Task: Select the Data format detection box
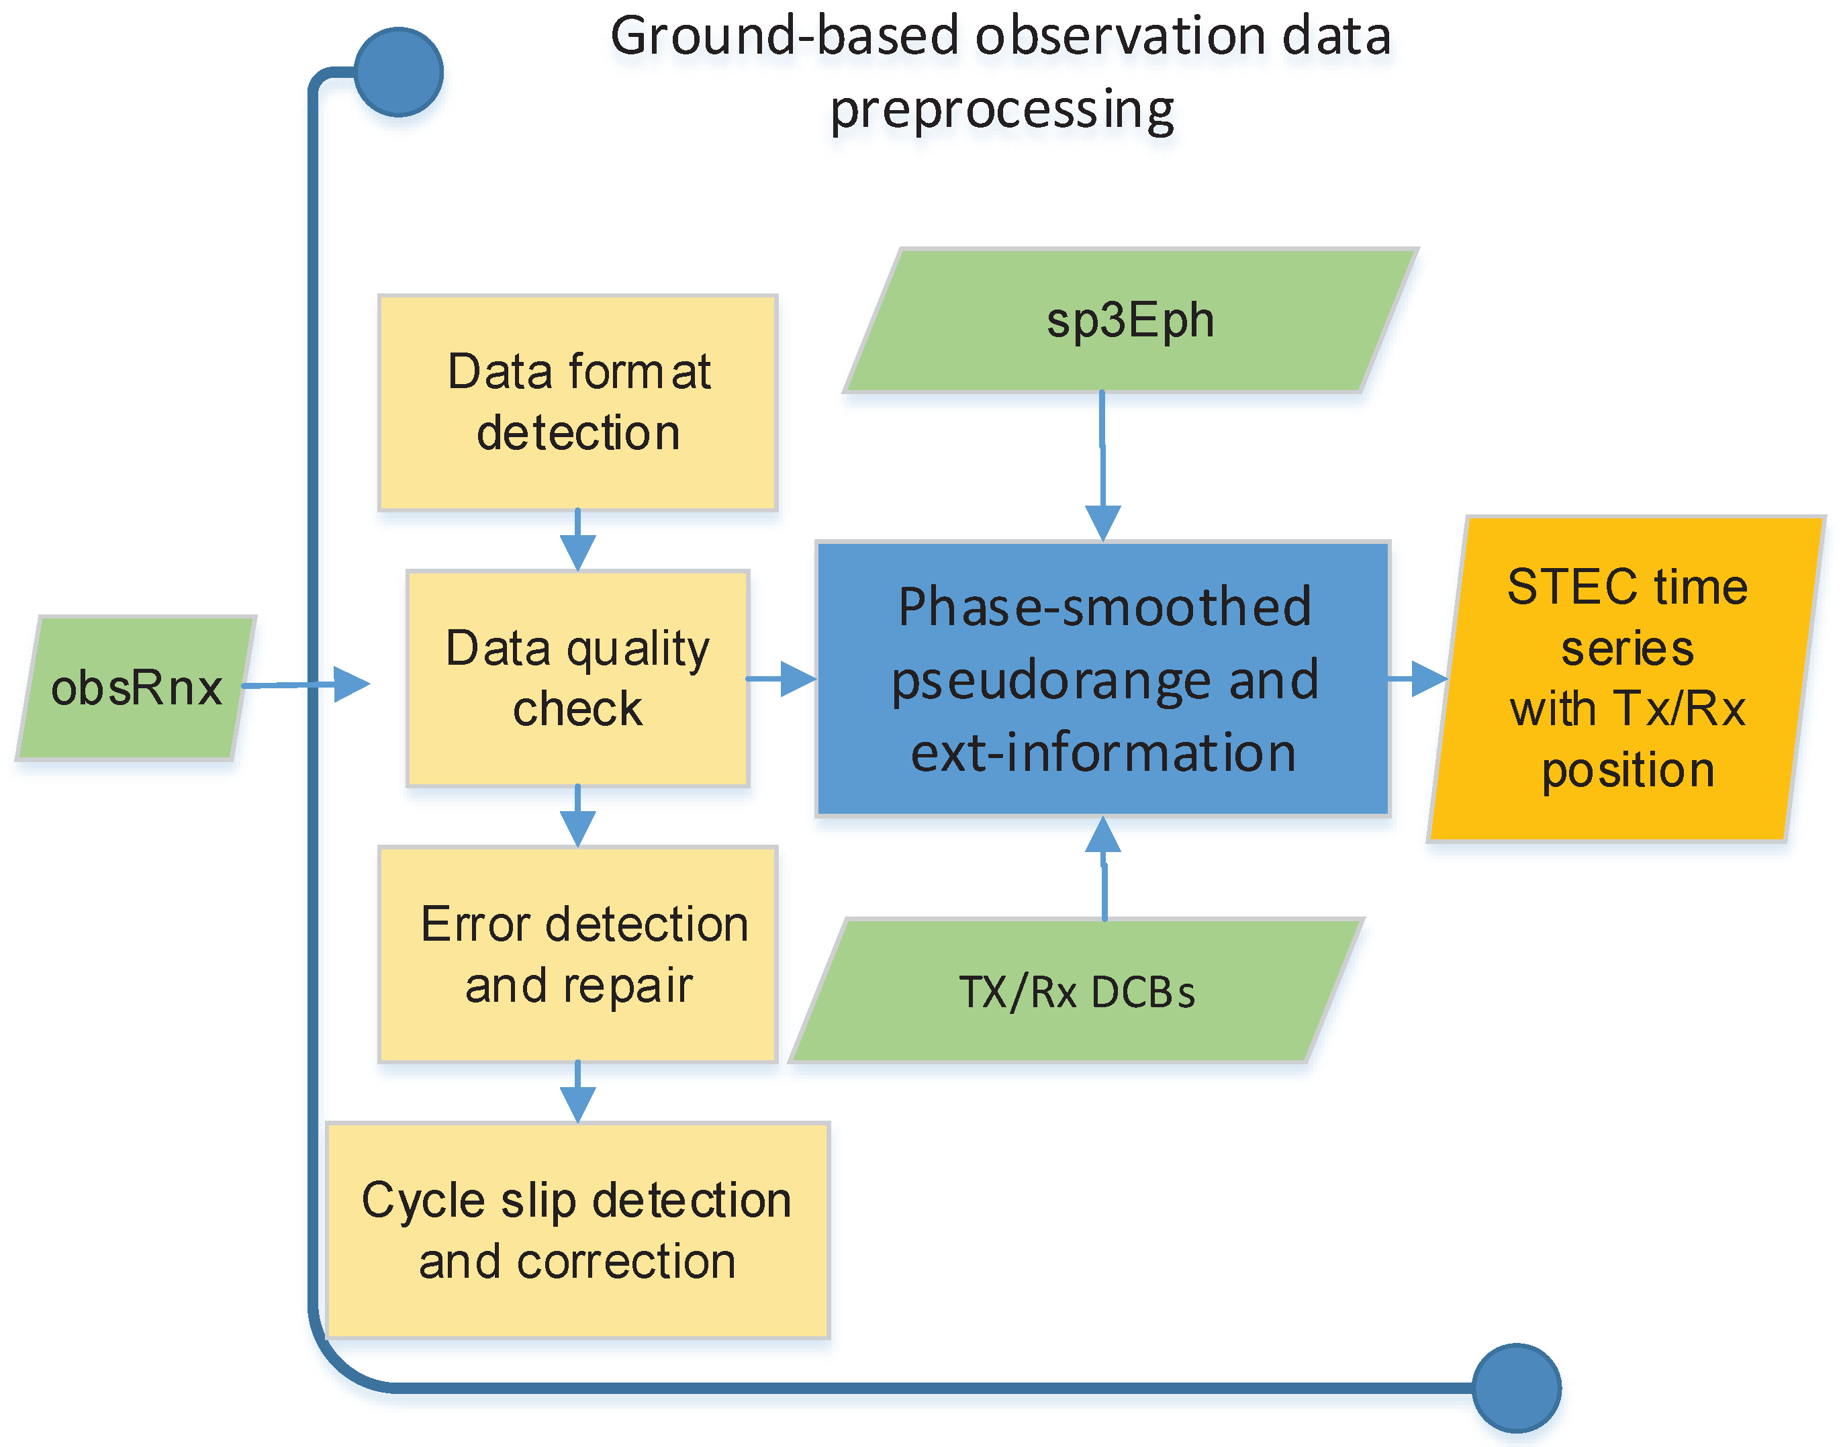point(578,402)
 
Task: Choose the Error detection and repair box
point(578,954)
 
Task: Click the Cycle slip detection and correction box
point(578,1230)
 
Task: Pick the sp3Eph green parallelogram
point(1130,321)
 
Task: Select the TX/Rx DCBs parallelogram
point(1076,991)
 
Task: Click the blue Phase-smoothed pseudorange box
point(1103,679)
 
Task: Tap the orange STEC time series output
point(1627,679)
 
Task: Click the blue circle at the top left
point(398,72)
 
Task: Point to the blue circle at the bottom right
point(1517,1388)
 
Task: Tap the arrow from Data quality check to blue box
point(784,679)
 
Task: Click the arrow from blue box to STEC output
point(1419,679)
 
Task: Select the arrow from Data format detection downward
point(578,542)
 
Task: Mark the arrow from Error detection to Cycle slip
point(578,1094)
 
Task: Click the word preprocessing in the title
point(1002,110)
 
